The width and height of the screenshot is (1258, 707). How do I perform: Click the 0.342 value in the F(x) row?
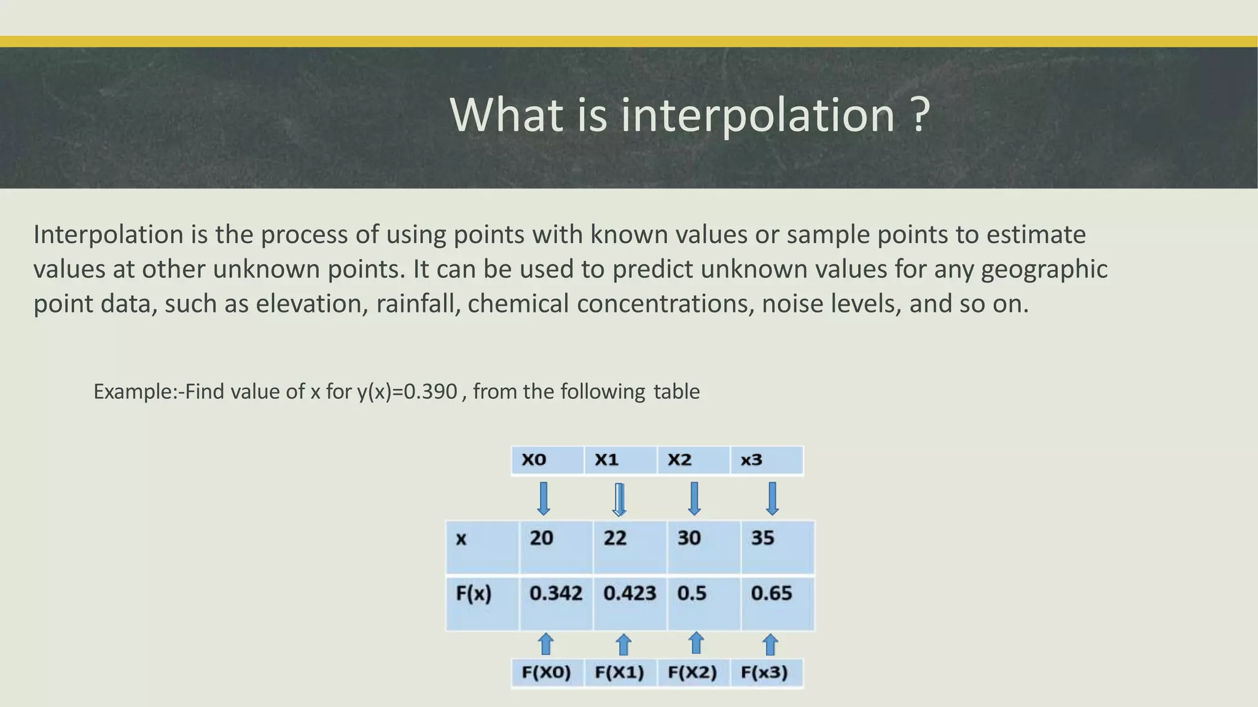pos(555,593)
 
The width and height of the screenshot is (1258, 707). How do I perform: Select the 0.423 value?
pos(630,593)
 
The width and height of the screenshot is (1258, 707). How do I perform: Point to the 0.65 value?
pos(772,593)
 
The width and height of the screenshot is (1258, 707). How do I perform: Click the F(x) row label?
pos(474,593)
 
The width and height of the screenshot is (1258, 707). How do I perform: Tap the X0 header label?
pos(534,460)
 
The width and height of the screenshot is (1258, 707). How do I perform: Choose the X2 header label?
pos(679,460)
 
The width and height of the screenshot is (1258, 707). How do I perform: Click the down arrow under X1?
pos(620,499)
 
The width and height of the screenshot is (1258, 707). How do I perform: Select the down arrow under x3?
pos(773,498)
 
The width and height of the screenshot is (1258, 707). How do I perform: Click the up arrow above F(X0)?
pos(545,644)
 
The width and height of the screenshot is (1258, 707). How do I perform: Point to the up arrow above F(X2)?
pos(696,643)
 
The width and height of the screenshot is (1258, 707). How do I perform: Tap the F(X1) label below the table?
pos(619,673)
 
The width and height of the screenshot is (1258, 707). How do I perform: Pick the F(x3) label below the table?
pos(764,673)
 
